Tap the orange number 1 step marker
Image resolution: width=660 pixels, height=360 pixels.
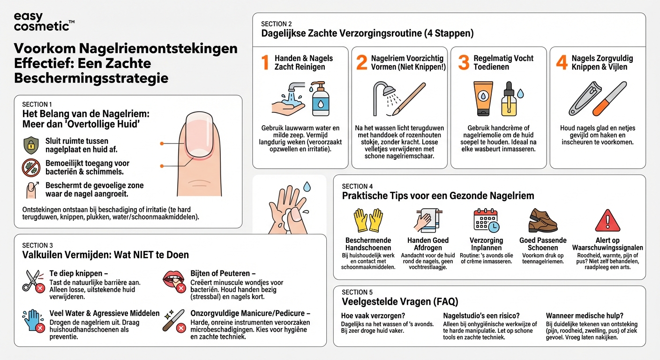pyautogui.click(x=265, y=63)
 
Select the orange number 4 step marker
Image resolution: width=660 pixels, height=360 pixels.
pyautogui.click(x=562, y=63)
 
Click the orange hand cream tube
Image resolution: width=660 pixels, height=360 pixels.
pyautogui.click(x=482, y=98)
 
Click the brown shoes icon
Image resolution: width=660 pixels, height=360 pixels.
pyautogui.click(x=543, y=220)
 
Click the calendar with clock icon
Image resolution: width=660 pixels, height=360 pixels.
pyautogui.click(x=486, y=220)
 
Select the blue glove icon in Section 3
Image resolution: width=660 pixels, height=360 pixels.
pyautogui.click(x=33, y=320)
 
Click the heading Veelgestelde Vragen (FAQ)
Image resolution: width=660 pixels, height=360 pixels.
pyautogui.click(x=400, y=301)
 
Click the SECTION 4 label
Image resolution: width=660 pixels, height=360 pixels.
pyautogui.click(x=357, y=187)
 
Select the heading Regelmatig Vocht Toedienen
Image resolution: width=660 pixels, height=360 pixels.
pyautogui.click(x=503, y=63)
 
